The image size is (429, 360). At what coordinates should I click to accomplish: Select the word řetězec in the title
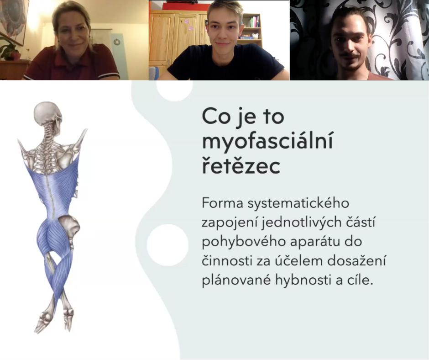(241, 166)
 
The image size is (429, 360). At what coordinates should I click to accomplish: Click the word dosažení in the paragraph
(356, 260)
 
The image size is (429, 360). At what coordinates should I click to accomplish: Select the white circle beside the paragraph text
(167, 245)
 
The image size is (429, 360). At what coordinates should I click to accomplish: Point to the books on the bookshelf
(253, 21)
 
